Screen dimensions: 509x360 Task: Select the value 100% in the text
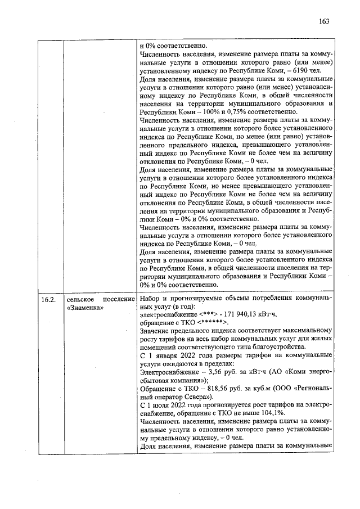coord(195,112)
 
